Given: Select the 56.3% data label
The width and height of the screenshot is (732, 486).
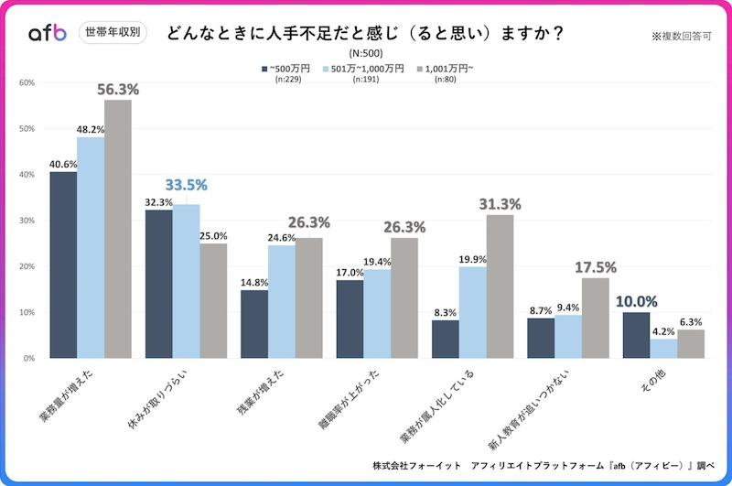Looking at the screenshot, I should coord(118,90).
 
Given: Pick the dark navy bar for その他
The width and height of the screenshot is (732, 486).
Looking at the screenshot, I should coord(635,335).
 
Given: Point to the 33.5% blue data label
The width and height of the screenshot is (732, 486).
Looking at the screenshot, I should coord(186,185).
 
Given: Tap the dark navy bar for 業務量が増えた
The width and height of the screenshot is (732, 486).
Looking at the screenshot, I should coord(63,265).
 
